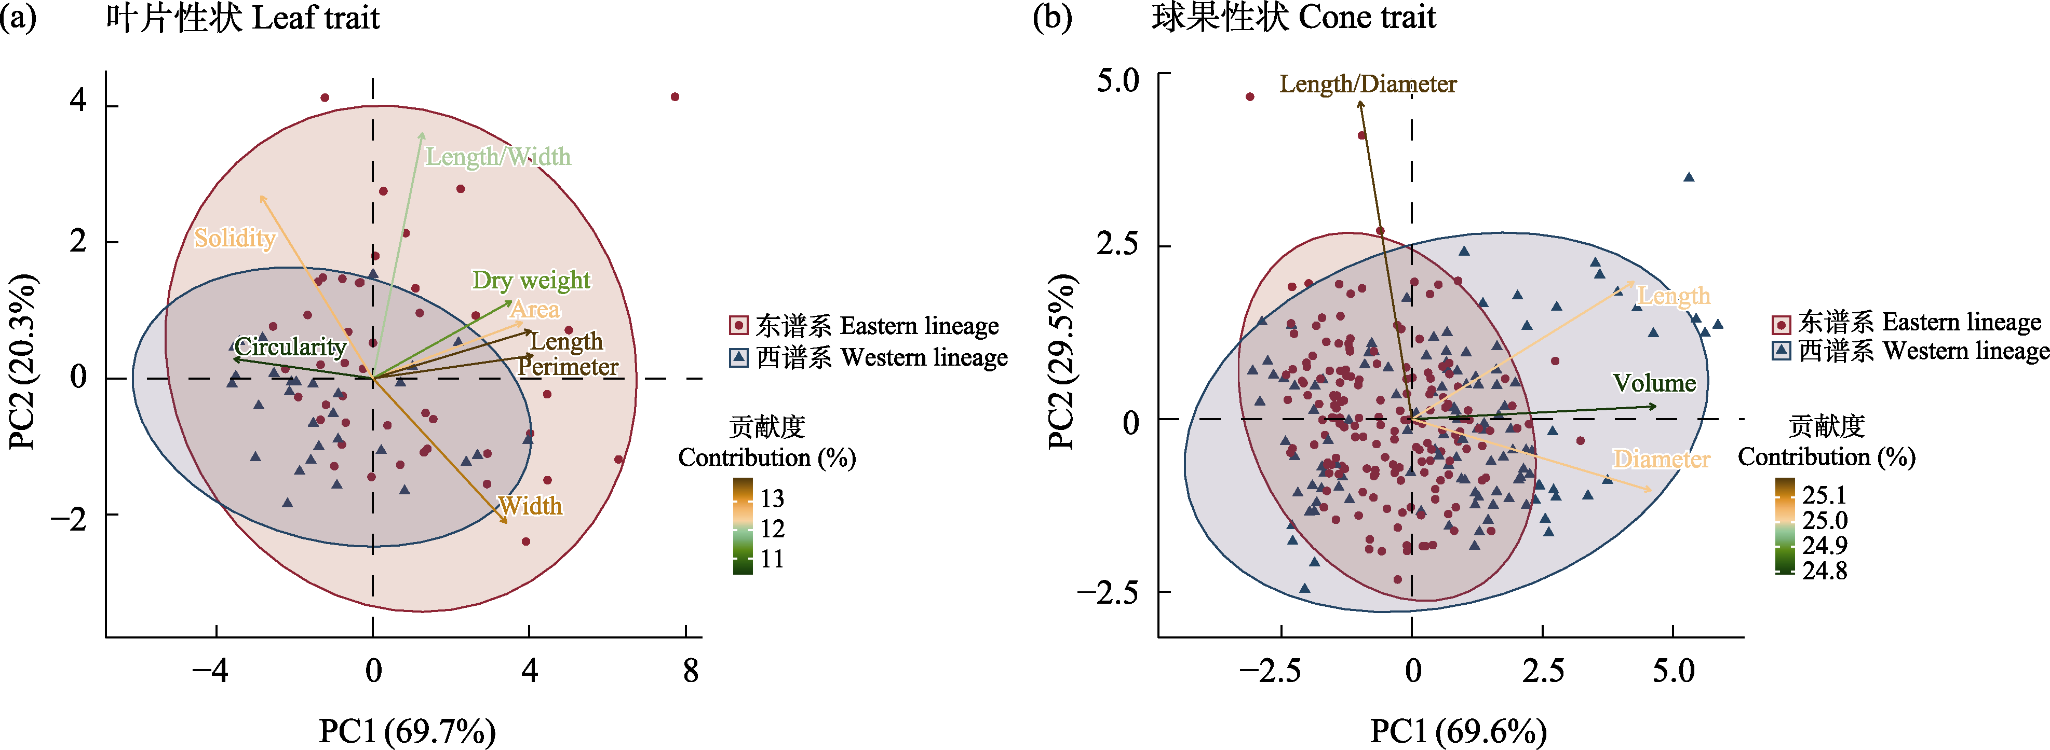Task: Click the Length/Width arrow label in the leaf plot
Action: click(x=497, y=157)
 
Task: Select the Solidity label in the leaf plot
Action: click(x=235, y=238)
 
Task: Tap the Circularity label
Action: click(x=290, y=347)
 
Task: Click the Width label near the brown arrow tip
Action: click(x=530, y=506)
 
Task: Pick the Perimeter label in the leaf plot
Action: click(x=568, y=367)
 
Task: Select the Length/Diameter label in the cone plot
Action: click(x=1367, y=84)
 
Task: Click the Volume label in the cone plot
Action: click(x=1654, y=383)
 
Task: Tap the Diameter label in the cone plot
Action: click(x=1661, y=459)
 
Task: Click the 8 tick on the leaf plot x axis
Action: click(x=690, y=671)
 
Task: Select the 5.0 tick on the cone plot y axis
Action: click(x=1117, y=79)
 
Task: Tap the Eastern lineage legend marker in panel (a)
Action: click(x=738, y=325)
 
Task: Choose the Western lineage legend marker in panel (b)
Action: click(x=1781, y=351)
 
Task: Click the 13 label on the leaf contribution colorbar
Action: click(x=772, y=498)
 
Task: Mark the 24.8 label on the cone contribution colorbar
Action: click(x=1824, y=570)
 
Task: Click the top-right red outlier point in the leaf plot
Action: click(x=675, y=97)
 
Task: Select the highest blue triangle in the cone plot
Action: click(x=1689, y=177)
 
